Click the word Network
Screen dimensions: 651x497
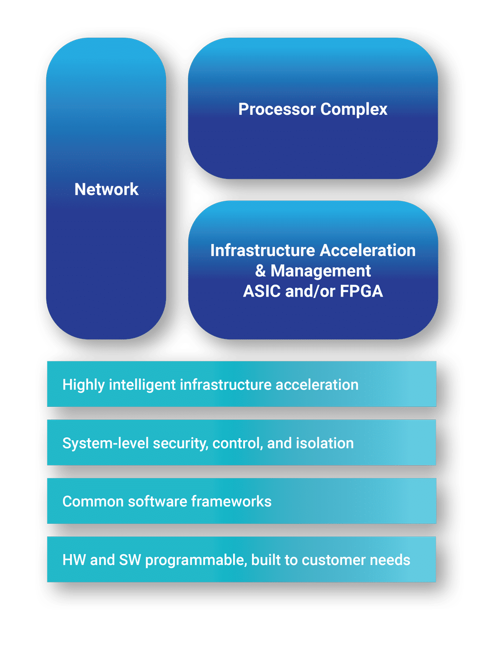click(106, 189)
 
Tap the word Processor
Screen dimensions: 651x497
click(277, 109)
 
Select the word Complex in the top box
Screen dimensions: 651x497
click(354, 109)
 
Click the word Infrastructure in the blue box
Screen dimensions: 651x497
click(262, 250)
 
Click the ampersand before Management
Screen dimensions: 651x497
click(260, 271)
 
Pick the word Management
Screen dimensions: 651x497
click(321, 271)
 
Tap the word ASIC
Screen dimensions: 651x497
click(262, 291)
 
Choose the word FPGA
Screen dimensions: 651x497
click(361, 291)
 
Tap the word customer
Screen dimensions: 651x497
click(332, 560)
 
